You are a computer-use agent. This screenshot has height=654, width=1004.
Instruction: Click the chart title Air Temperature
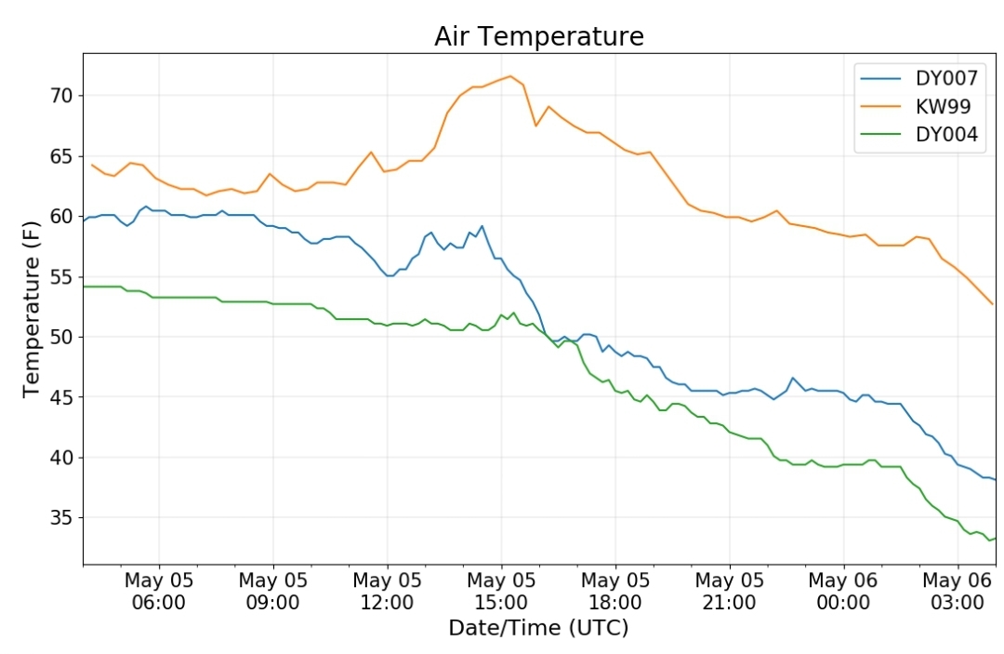(x=538, y=36)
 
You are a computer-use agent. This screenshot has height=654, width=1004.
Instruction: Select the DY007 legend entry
(x=918, y=78)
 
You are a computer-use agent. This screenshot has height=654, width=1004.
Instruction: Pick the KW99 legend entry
(x=916, y=106)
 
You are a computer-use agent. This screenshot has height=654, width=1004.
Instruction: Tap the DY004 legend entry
(x=918, y=135)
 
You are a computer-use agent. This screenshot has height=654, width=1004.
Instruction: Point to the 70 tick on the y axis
(x=62, y=96)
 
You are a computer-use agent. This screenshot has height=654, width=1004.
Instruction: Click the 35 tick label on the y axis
(x=62, y=517)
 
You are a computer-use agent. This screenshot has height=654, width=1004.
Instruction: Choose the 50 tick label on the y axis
(x=62, y=337)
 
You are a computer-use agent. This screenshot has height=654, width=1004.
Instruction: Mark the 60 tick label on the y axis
(x=62, y=217)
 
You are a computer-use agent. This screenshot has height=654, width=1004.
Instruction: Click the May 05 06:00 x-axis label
(x=159, y=592)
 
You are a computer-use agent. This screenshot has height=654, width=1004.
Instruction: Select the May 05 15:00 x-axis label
(x=501, y=592)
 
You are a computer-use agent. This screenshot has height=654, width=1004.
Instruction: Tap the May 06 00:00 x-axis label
(x=843, y=592)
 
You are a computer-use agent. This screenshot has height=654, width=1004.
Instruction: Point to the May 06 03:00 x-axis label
(x=958, y=592)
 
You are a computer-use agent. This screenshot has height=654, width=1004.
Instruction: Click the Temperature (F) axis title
(x=32, y=310)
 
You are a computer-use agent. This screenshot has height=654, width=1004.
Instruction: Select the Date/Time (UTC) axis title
(x=538, y=628)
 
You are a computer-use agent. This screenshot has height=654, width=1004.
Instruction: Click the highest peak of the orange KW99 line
(x=510, y=76)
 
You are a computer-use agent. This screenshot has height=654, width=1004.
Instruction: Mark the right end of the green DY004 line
(x=995, y=539)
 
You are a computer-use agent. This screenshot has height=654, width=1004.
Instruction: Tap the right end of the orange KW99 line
(x=993, y=303)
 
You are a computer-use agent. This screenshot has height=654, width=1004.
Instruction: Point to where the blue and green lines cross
(x=545, y=334)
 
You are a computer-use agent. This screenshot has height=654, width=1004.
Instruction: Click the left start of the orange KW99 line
(x=92, y=166)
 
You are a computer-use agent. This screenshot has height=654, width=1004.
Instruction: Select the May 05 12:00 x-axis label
(x=388, y=592)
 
